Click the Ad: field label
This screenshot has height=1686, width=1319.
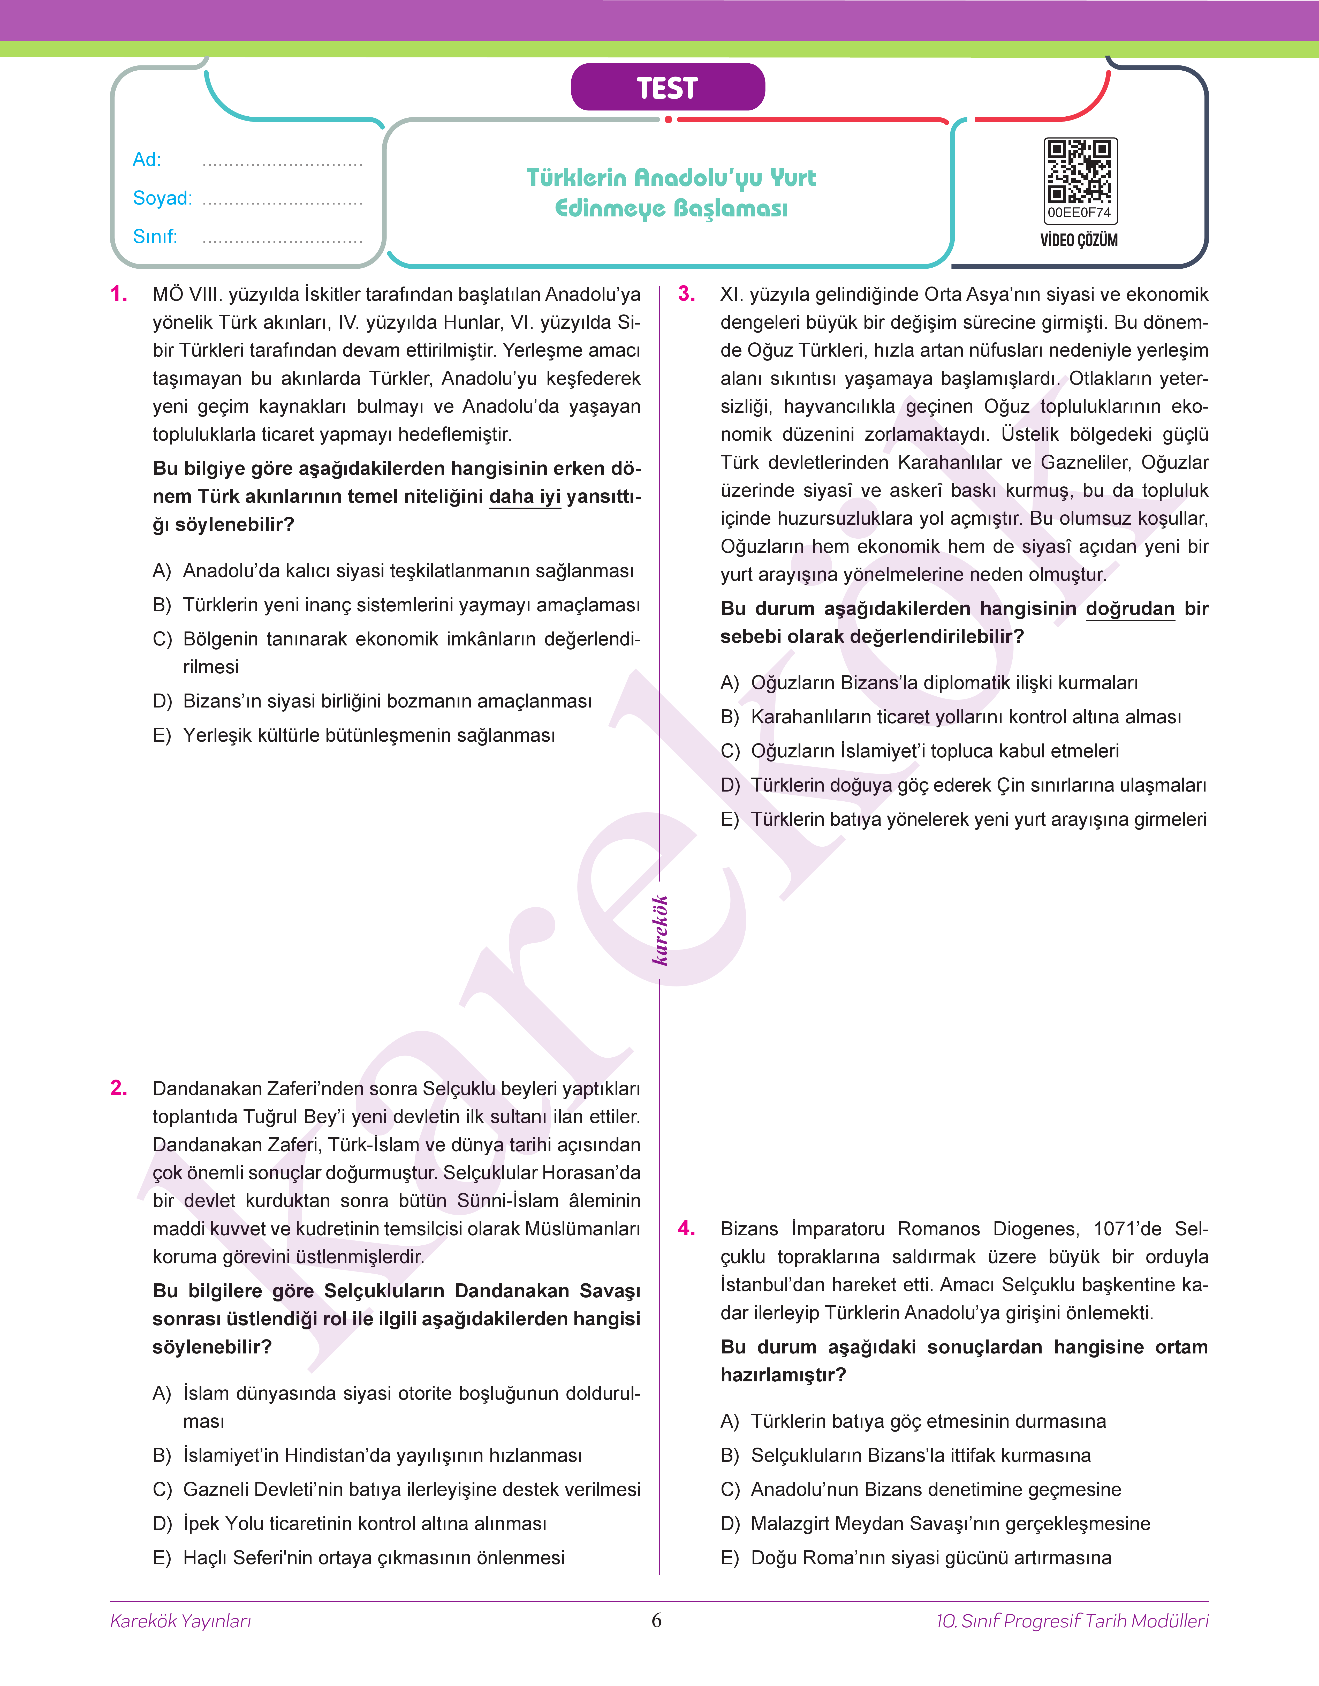click(147, 160)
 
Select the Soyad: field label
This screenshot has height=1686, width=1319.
click(162, 199)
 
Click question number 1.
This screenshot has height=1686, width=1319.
click(119, 294)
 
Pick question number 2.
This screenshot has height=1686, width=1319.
click(119, 1088)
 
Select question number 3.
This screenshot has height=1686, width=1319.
click(687, 294)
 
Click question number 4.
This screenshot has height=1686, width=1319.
click(687, 1229)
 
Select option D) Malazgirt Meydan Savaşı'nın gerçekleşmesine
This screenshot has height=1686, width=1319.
click(950, 1524)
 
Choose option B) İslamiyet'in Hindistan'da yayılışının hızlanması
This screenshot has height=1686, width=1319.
click(382, 1456)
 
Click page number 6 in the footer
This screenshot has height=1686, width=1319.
click(656, 1620)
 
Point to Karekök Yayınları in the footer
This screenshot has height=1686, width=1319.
click(181, 1621)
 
